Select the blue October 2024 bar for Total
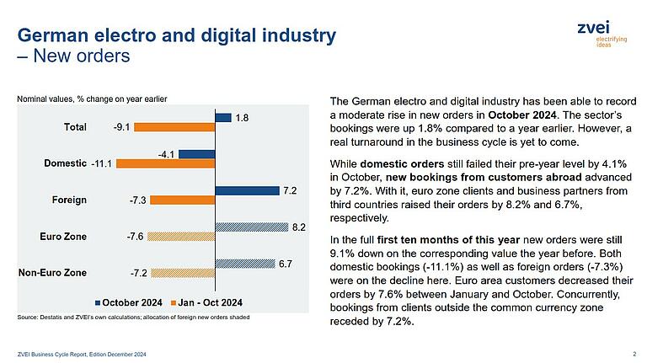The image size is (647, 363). pyautogui.click(x=223, y=118)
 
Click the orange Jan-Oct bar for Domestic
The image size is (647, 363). pyautogui.click(x=166, y=164)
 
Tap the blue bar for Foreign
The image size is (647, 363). pyautogui.click(x=247, y=190)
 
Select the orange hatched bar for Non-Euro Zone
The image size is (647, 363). pyautogui.click(x=182, y=274)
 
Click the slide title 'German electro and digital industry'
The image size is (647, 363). pyautogui.click(x=177, y=36)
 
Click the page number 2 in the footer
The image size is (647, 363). pyautogui.click(x=633, y=352)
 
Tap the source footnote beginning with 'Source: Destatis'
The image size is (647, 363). pyautogui.click(x=132, y=317)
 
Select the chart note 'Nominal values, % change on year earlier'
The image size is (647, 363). pyautogui.click(x=93, y=99)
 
